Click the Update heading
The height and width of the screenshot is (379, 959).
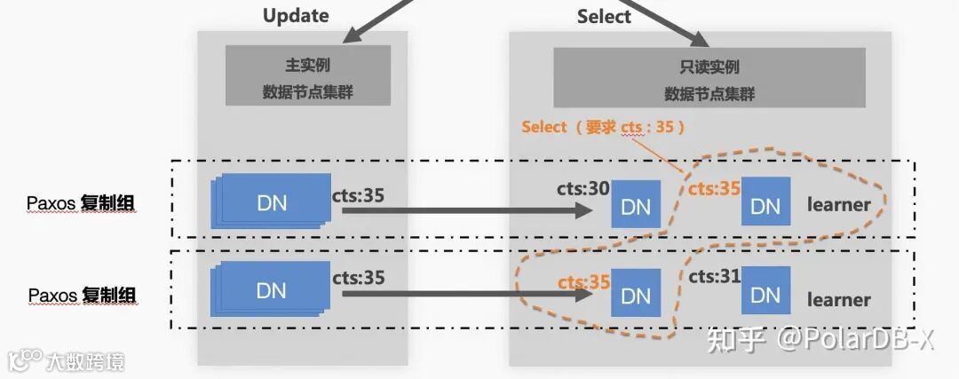pyautogui.click(x=296, y=16)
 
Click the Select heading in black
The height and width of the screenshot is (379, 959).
pyautogui.click(x=604, y=16)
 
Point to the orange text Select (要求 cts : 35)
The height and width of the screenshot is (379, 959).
pyautogui.click(x=604, y=127)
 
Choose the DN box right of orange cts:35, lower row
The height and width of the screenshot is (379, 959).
pyautogui.click(x=636, y=293)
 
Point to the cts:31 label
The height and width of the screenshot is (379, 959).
pyautogui.click(x=715, y=277)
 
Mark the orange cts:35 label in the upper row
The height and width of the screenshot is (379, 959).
pyautogui.click(x=715, y=189)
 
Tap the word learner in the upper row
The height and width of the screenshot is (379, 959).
pyautogui.click(x=838, y=205)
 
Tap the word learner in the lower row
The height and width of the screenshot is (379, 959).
pyautogui.click(x=838, y=300)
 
